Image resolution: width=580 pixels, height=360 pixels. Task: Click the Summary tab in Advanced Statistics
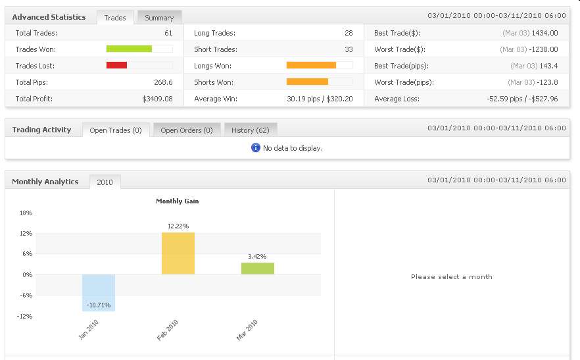pyautogui.click(x=159, y=18)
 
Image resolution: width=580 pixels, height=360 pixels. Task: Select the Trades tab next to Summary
pyautogui.click(x=115, y=18)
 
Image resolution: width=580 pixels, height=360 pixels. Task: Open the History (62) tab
pyautogui.click(x=251, y=130)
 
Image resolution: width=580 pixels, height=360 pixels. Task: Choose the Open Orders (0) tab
pyautogui.click(x=187, y=130)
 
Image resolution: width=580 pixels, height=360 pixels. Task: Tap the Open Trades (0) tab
pyautogui.click(x=116, y=130)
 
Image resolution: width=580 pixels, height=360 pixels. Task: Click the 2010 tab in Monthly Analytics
pyautogui.click(x=105, y=182)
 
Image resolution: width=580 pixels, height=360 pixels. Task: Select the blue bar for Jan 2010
pyautogui.click(x=99, y=292)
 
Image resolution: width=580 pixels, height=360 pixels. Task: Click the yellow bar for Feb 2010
pyautogui.click(x=178, y=253)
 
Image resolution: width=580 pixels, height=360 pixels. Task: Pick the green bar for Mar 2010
pyautogui.click(x=258, y=269)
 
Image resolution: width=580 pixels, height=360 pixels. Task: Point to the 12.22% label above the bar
pyautogui.click(x=178, y=226)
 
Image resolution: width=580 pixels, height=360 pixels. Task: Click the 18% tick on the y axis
pyautogui.click(x=26, y=213)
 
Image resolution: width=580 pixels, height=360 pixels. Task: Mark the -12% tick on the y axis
pyautogui.click(x=25, y=316)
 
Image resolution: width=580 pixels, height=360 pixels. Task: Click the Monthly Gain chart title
pyautogui.click(x=177, y=201)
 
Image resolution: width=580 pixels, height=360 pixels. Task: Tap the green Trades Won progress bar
pyautogui.click(x=130, y=49)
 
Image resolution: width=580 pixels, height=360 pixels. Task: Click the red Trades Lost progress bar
pyautogui.click(x=117, y=65)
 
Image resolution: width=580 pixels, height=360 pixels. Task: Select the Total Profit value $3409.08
pyautogui.click(x=157, y=99)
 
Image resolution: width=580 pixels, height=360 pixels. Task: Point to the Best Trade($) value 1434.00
pyautogui.click(x=545, y=33)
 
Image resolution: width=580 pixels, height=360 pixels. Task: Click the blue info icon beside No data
pyautogui.click(x=256, y=148)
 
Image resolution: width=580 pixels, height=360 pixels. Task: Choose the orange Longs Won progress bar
pyautogui.click(x=312, y=65)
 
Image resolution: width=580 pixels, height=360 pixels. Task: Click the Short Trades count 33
pyautogui.click(x=349, y=49)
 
